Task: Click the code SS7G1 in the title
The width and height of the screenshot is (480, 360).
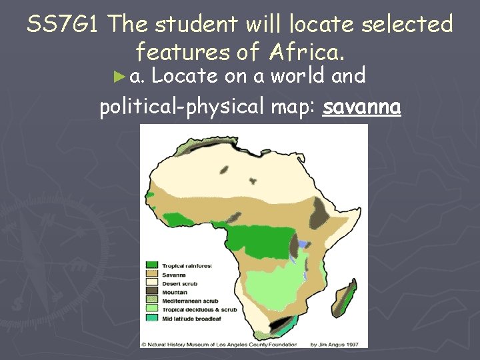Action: point(65,25)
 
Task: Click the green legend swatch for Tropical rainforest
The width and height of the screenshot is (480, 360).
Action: point(153,266)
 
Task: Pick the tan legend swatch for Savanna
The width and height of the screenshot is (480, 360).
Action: point(153,275)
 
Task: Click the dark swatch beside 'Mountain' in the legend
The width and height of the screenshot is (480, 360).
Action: point(153,292)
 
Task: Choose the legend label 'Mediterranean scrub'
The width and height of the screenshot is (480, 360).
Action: point(191,301)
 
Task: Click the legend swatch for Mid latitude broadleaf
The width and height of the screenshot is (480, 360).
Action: point(153,318)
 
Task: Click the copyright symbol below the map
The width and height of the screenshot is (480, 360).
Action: point(143,344)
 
